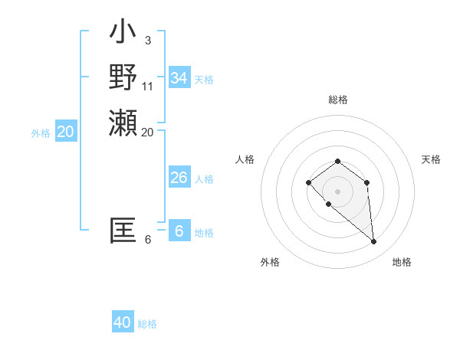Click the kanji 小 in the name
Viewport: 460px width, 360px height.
click(x=123, y=32)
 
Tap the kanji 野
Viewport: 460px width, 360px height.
click(x=123, y=77)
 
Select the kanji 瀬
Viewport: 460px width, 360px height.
click(x=123, y=123)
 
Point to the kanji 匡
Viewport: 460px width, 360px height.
click(x=123, y=231)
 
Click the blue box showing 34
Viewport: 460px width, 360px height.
click(x=179, y=78)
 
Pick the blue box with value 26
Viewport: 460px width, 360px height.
click(x=179, y=178)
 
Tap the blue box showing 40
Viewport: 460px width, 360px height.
click(x=123, y=322)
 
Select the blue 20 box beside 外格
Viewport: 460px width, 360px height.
click(x=66, y=132)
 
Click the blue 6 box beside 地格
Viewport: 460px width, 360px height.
click(x=179, y=231)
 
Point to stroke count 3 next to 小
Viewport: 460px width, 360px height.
click(x=147, y=40)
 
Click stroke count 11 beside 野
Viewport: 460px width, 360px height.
click(x=148, y=85)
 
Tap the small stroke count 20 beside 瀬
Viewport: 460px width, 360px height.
click(x=148, y=132)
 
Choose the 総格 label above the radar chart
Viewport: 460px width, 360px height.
click(x=337, y=100)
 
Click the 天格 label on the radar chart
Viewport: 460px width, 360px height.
click(x=431, y=159)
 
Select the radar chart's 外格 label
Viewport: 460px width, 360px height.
click(x=270, y=262)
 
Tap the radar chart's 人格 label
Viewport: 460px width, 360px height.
click(x=245, y=159)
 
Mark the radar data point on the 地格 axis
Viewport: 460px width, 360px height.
click(x=374, y=242)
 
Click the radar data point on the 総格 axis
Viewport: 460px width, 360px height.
click(x=337, y=161)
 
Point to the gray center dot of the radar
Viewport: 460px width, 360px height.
click(x=337, y=191)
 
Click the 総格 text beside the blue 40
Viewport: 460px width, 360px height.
click(x=147, y=324)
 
